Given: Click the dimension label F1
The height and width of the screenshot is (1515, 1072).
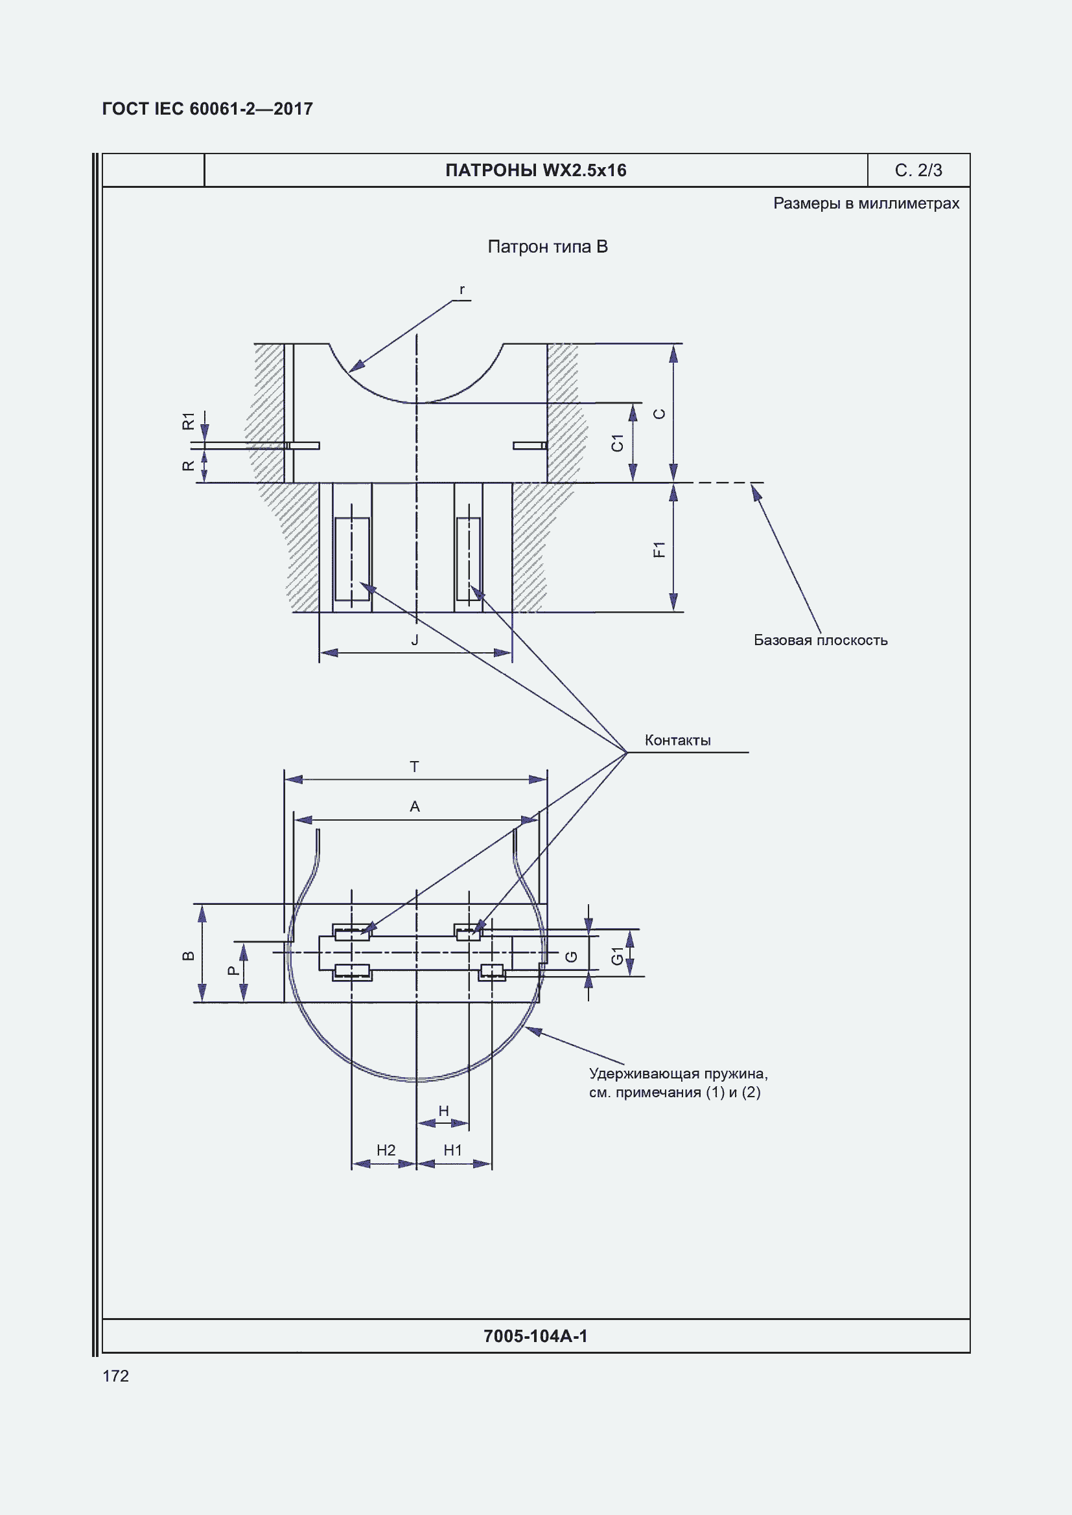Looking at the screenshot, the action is [x=658, y=549].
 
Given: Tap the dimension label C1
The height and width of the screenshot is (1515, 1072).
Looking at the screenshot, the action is [x=617, y=443].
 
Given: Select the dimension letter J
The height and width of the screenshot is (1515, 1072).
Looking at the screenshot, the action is [x=415, y=639].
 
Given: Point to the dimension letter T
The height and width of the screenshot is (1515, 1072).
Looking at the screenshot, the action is [x=415, y=766].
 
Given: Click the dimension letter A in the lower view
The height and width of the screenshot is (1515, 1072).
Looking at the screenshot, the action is [x=415, y=806].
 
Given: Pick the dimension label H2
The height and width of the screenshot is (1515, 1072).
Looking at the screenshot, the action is [x=386, y=1150].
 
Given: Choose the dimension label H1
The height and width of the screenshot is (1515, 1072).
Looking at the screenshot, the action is [x=453, y=1150].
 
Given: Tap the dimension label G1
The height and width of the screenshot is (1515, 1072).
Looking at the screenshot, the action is [x=617, y=955].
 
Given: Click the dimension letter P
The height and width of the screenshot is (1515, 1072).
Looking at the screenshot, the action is [x=233, y=971].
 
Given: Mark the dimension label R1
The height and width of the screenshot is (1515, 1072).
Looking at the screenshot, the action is [x=189, y=421].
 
